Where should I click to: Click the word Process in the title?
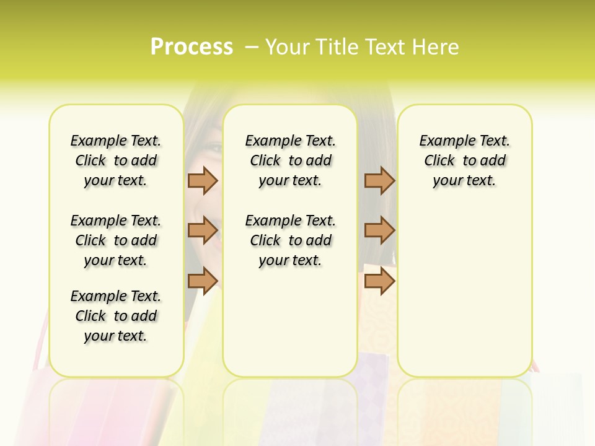(192, 47)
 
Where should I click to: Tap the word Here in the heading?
(436, 47)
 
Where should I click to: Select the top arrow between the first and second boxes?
(202, 180)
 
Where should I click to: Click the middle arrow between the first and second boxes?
(202, 230)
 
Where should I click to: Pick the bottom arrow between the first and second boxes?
(202, 281)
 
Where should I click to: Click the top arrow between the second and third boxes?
(379, 180)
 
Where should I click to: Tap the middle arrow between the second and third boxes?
(379, 230)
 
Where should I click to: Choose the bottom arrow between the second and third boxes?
(379, 281)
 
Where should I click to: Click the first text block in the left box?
(116, 160)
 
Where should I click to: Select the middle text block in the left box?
(116, 240)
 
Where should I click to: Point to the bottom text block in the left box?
(116, 316)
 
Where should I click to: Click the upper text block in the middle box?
(291, 160)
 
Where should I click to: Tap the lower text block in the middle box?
(291, 240)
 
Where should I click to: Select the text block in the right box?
(465, 160)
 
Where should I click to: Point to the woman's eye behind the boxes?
(212, 147)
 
